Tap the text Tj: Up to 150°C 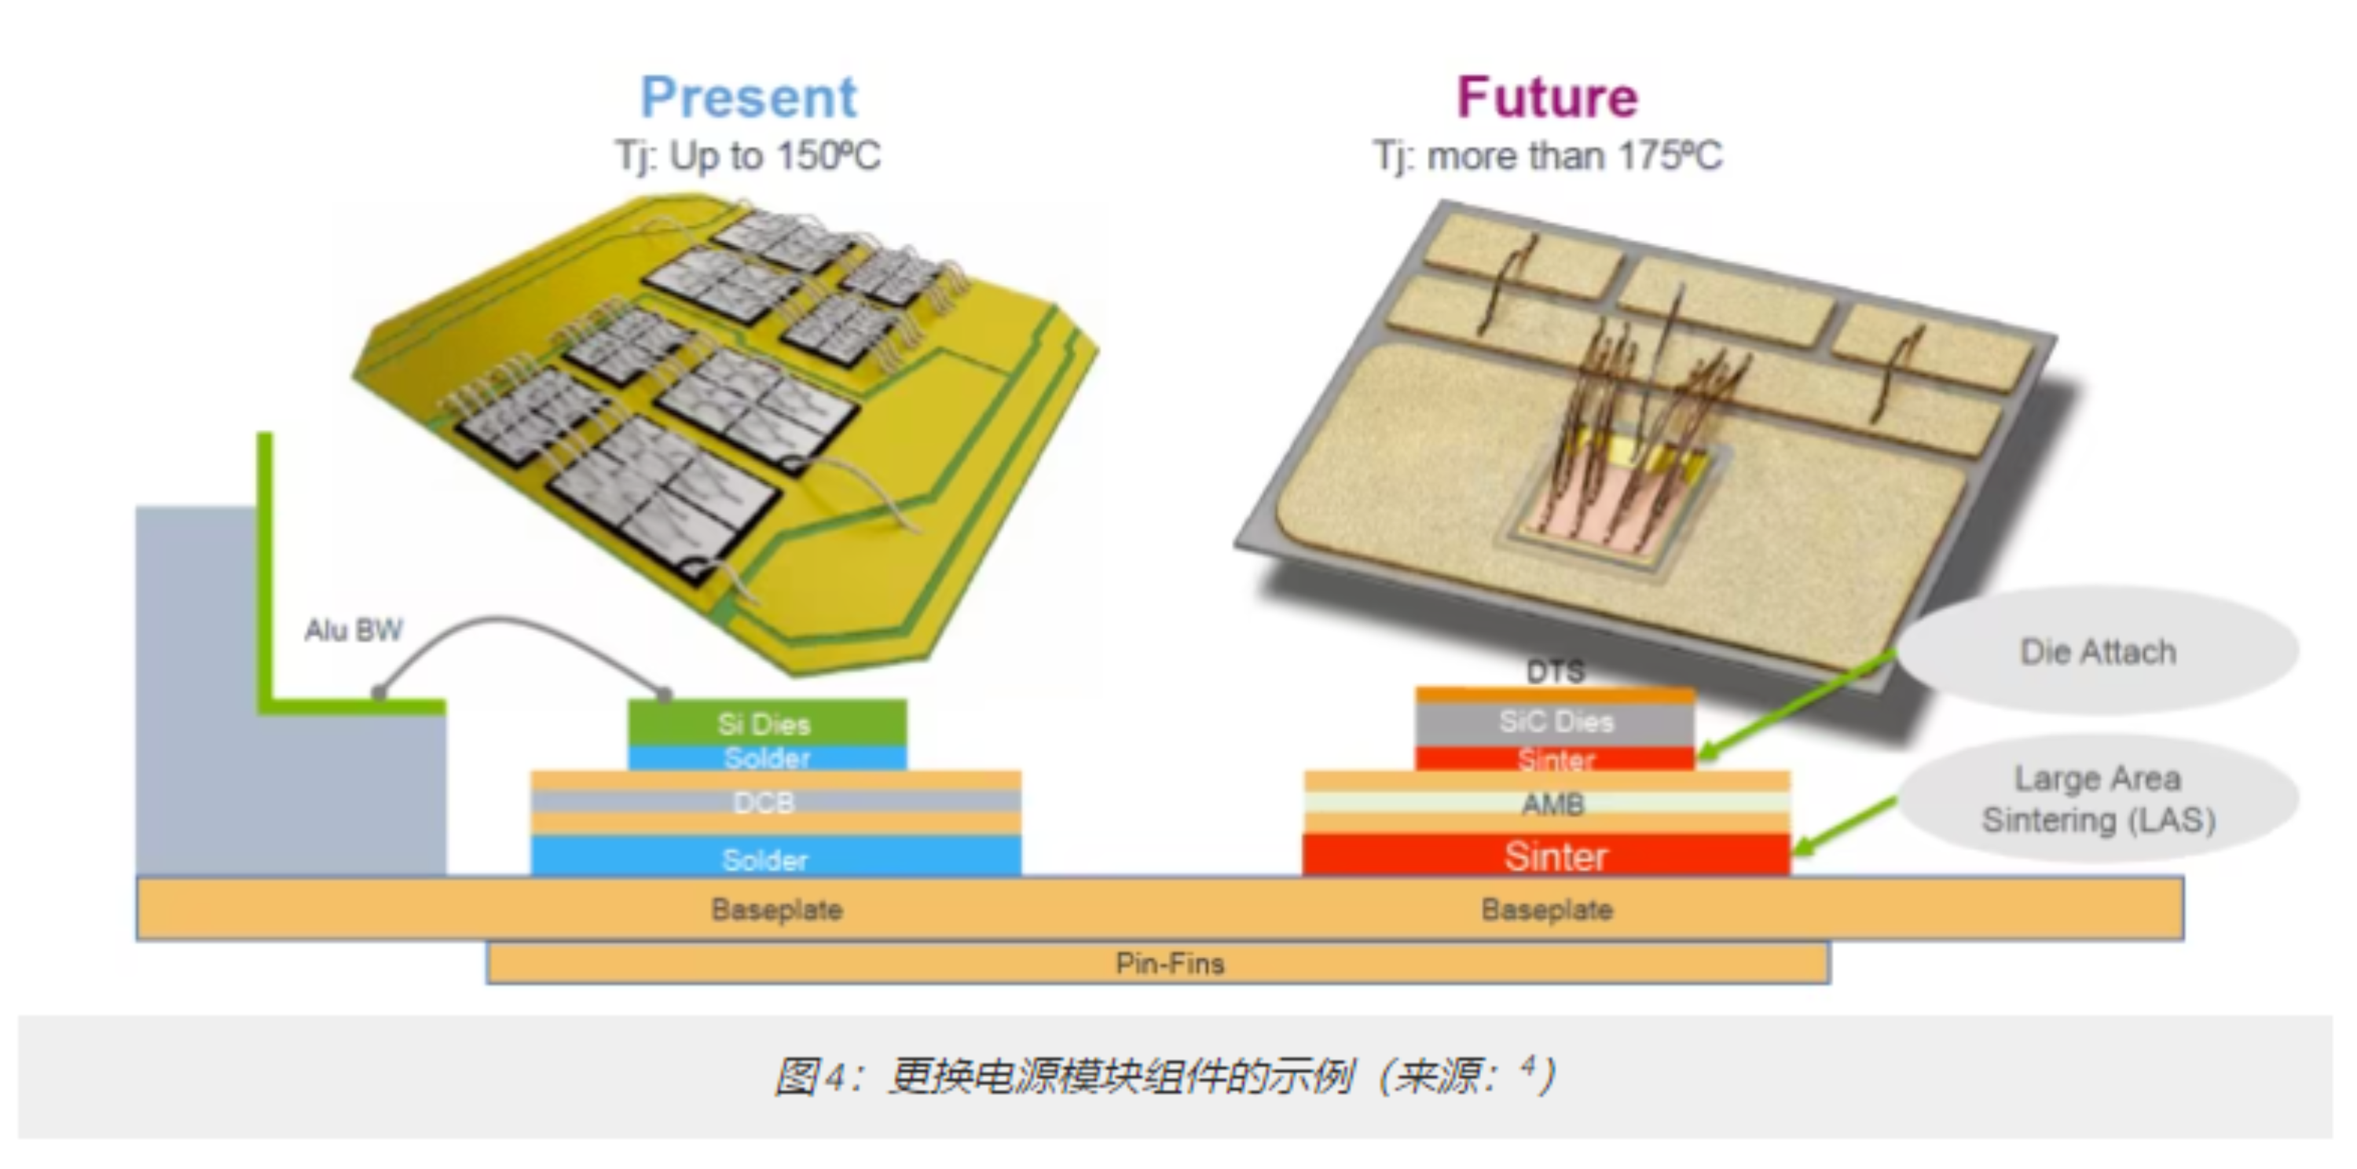[747, 156]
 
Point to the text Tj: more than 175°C [1547, 156]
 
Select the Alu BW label [354, 630]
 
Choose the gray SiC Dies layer [1556, 722]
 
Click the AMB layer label [1552, 804]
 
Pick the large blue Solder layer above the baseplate [765, 859]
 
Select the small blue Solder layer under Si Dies [767, 758]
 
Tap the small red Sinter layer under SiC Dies [1556, 759]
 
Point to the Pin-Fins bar [1169, 963]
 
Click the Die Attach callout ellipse [2097, 651]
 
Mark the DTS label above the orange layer [1556, 672]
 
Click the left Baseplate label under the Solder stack [777, 909]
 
